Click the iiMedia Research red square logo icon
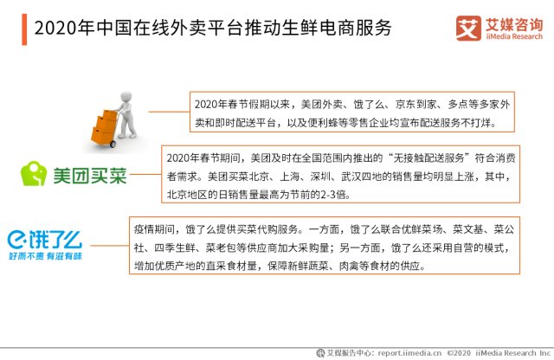coord(468,29)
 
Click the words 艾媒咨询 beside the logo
coord(513,24)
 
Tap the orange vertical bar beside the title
coord(24,29)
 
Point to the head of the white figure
coord(126,96)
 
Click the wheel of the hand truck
coord(113,144)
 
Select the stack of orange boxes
coord(103,127)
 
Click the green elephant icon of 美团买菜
coord(34,173)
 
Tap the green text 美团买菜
coord(90,175)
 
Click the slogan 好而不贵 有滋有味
coord(45,256)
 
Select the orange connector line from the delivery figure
coord(169,112)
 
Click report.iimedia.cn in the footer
coord(409,353)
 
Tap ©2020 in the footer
coord(459,353)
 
